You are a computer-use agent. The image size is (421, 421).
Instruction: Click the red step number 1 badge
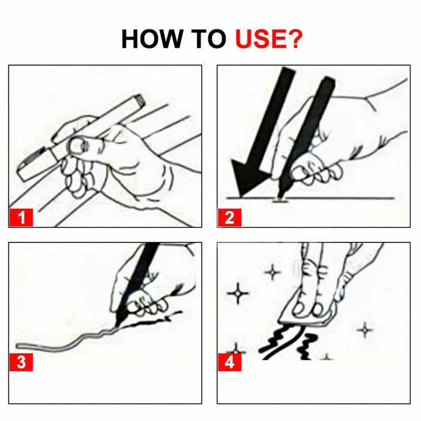tap(21, 218)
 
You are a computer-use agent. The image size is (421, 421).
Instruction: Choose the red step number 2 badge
tap(229, 218)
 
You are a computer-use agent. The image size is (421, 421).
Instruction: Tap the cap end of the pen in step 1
tap(137, 100)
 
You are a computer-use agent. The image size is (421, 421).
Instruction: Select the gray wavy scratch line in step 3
tap(67, 342)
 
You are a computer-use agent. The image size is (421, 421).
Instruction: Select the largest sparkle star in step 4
tap(238, 293)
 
